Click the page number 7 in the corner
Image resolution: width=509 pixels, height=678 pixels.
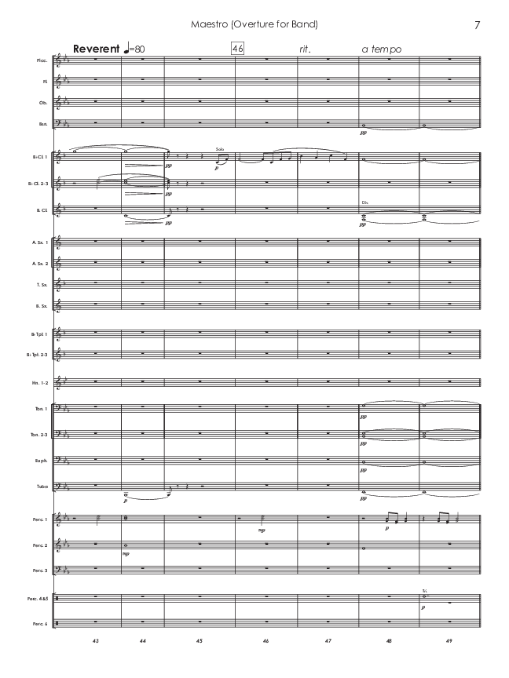pos(477,25)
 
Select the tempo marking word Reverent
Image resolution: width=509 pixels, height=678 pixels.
pos(96,49)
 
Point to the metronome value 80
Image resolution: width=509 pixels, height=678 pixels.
pos(139,49)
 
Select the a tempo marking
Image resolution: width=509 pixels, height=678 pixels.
pos(382,49)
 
